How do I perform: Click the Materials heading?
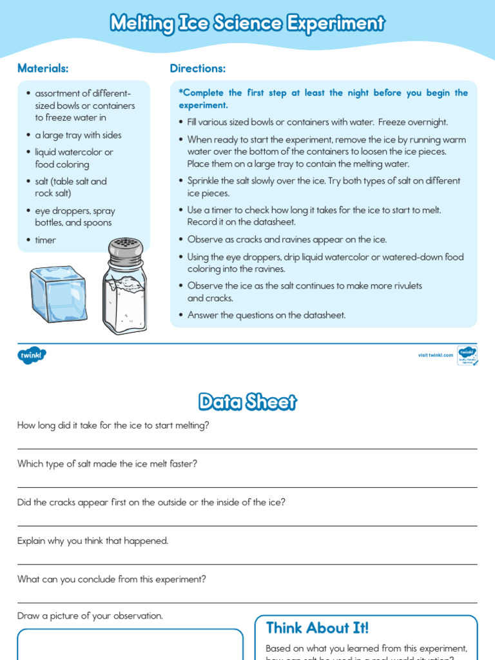43,68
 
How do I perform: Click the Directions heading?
198,68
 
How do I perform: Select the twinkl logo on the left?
32,354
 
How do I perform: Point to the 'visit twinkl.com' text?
435,355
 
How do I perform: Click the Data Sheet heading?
247,402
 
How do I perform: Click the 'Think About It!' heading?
317,628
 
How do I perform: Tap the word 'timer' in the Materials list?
46,240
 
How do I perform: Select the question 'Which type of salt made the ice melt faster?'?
108,464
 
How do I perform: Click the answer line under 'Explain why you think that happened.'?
247,565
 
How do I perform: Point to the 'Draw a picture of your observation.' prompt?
90,616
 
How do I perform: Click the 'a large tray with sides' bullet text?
78,135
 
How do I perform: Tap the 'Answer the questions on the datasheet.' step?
266,315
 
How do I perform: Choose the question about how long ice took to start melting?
113,425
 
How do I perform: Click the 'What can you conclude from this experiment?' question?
112,579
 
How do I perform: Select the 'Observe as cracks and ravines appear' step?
287,240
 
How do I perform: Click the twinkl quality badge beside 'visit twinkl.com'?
467,355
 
